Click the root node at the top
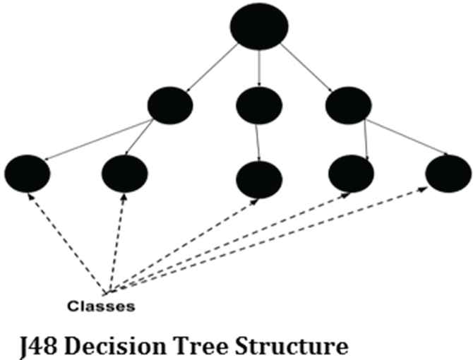[259, 27]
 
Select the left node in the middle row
[170, 106]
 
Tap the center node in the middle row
[259, 106]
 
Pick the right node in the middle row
[348, 106]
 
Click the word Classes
[102, 306]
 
